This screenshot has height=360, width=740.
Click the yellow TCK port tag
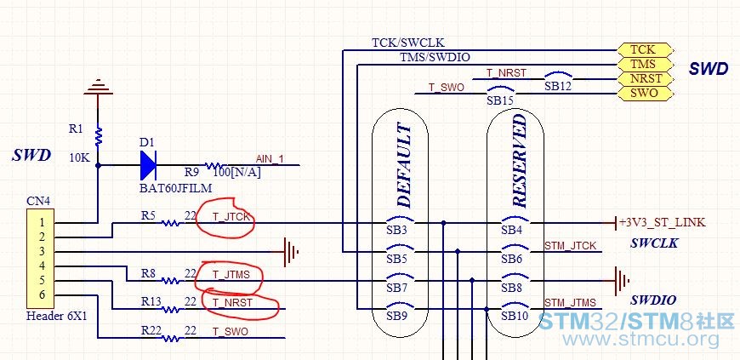644,49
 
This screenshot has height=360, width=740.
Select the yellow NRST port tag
644,78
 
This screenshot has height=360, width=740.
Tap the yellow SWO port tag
644,93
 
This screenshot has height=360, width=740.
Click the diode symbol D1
148,165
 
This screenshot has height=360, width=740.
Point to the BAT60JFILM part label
175,188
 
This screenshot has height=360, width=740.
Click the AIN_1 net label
270,159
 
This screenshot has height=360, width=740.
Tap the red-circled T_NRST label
232,302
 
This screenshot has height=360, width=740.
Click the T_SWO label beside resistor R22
230,332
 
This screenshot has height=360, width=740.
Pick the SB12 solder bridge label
558,87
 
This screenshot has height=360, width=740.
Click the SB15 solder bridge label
500,101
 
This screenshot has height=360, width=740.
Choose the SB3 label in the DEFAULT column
396,231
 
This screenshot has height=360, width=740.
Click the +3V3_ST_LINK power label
663,222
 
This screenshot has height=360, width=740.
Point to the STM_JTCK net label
571,246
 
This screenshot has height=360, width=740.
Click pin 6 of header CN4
42,294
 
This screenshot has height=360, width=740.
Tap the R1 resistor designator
76,129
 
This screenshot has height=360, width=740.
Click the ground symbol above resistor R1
98,87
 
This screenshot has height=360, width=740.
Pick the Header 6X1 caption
56,316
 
